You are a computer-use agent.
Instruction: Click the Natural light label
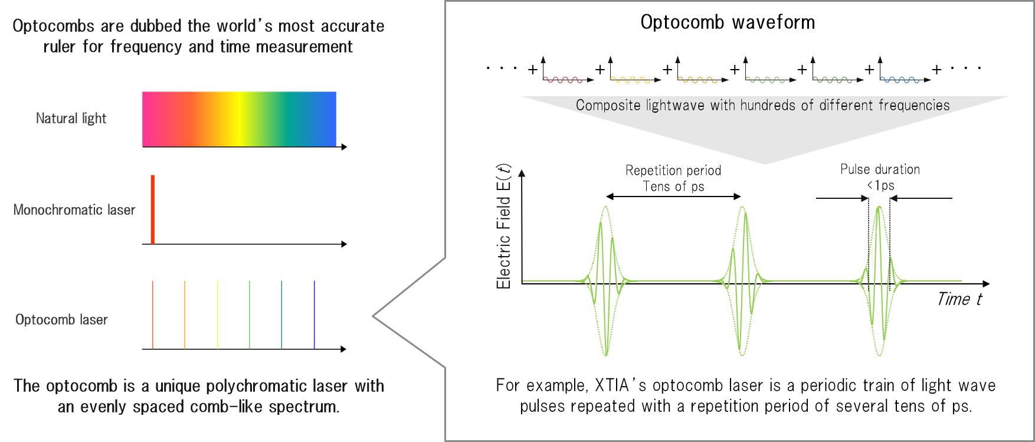(71, 119)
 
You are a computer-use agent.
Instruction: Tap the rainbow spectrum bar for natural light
(239, 119)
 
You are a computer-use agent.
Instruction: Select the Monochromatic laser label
(74, 210)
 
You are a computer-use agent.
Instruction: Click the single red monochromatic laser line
(152, 209)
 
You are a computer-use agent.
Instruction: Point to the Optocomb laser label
(61, 320)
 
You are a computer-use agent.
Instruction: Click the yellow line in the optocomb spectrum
(217, 315)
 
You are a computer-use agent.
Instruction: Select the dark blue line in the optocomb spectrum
(315, 315)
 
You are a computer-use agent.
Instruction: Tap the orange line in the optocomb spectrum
(185, 315)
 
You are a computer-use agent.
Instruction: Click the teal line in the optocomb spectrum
(281, 315)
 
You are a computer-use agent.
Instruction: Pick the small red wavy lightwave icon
(562, 79)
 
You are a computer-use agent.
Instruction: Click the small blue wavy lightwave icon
(899, 79)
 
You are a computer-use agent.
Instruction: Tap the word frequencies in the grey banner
(913, 106)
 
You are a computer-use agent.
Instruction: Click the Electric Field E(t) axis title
(503, 227)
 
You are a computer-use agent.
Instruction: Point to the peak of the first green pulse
(605, 208)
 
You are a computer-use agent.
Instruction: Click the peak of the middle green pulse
(742, 208)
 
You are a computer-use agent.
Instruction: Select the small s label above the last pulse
(891, 186)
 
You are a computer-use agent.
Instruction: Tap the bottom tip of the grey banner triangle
(765, 163)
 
